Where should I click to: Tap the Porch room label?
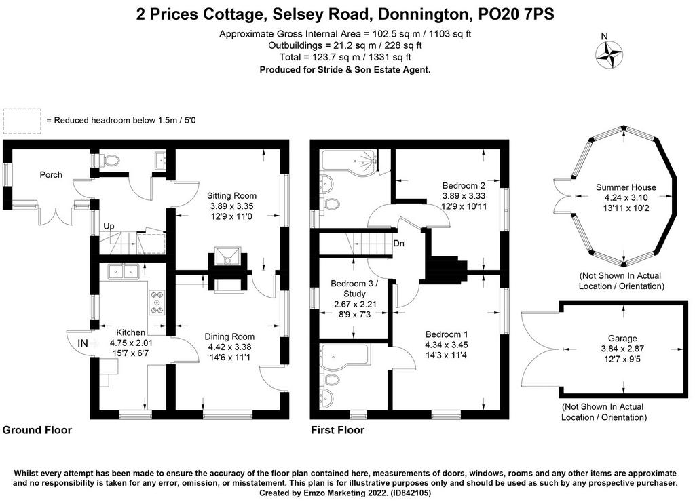pyautogui.click(x=51, y=174)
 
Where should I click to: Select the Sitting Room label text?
pyautogui.click(x=232, y=195)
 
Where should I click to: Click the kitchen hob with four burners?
pyautogui.click(x=157, y=303)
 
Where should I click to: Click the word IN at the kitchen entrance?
pyautogui.click(x=82, y=343)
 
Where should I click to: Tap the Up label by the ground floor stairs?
pyautogui.click(x=109, y=226)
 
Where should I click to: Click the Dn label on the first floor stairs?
pyautogui.click(x=399, y=244)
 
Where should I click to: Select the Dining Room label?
pyautogui.click(x=229, y=336)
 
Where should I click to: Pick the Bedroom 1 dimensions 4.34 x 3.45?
pyautogui.click(x=447, y=345)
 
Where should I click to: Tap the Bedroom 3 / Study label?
pyautogui.click(x=354, y=288)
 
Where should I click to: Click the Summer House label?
pyautogui.click(x=626, y=187)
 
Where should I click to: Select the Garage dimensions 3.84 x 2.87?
pyautogui.click(x=622, y=349)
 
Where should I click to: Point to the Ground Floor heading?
pyautogui.click(x=37, y=430)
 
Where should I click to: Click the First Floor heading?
pyautogui.click(x=338, y=430)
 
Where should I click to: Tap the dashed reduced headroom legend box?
pyautogui.click(x=22, y=121)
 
